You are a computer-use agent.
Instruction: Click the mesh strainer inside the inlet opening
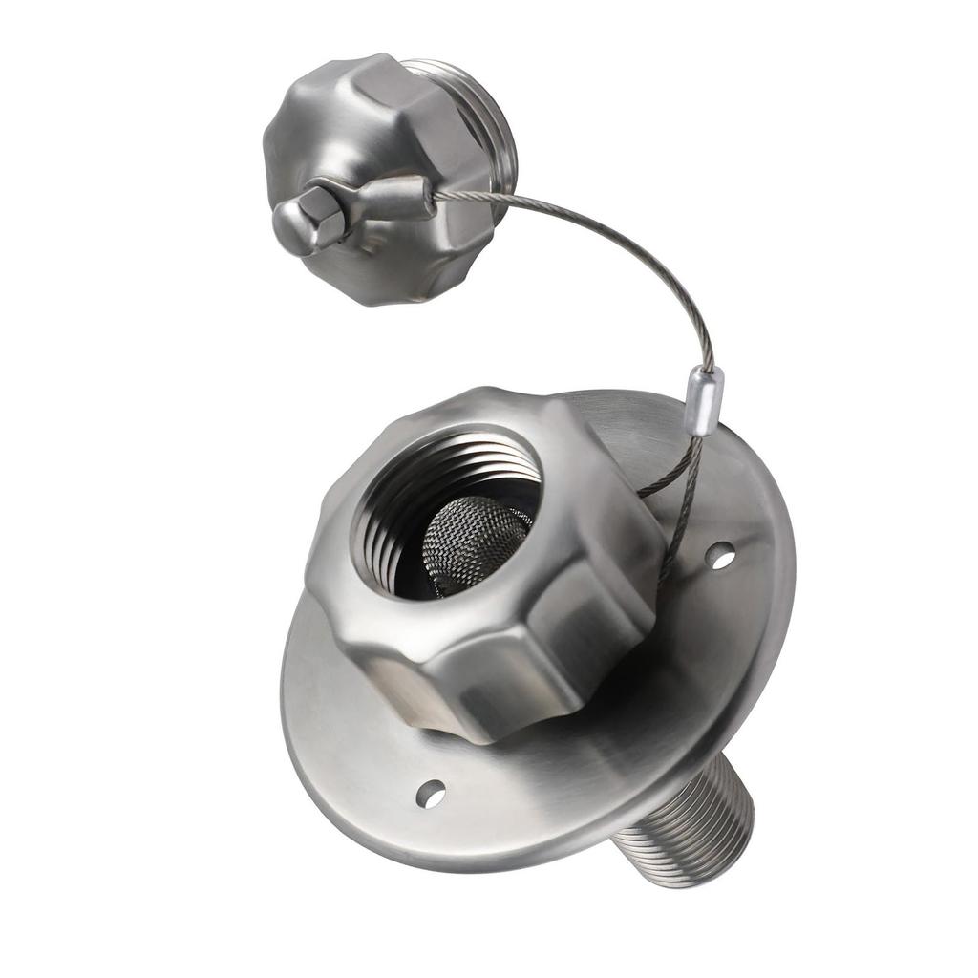(473, 544)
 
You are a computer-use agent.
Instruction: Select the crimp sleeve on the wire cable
(705, 401)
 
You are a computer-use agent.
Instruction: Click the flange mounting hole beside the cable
(721, 555)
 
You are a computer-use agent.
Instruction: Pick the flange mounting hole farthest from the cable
(431, 793)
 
